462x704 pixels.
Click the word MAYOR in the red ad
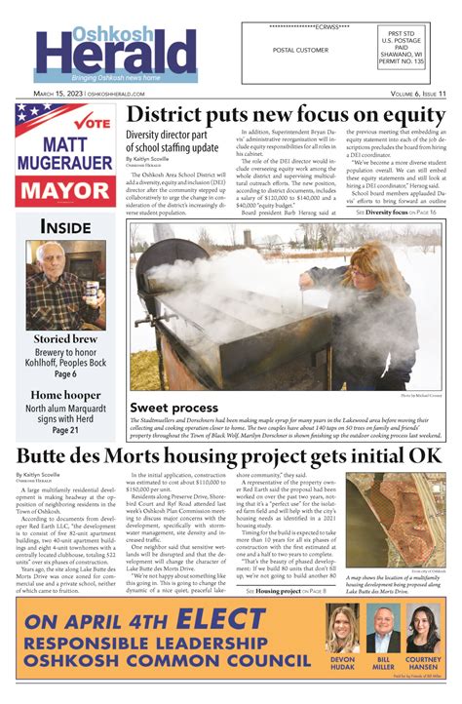67,188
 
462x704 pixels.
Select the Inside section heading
65,226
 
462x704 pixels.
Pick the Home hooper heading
66,396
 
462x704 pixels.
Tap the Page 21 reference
66,429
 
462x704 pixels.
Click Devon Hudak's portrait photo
343,629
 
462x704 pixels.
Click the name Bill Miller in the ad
382,664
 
